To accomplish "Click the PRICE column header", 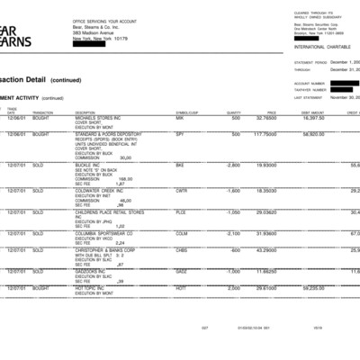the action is point(271,112).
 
